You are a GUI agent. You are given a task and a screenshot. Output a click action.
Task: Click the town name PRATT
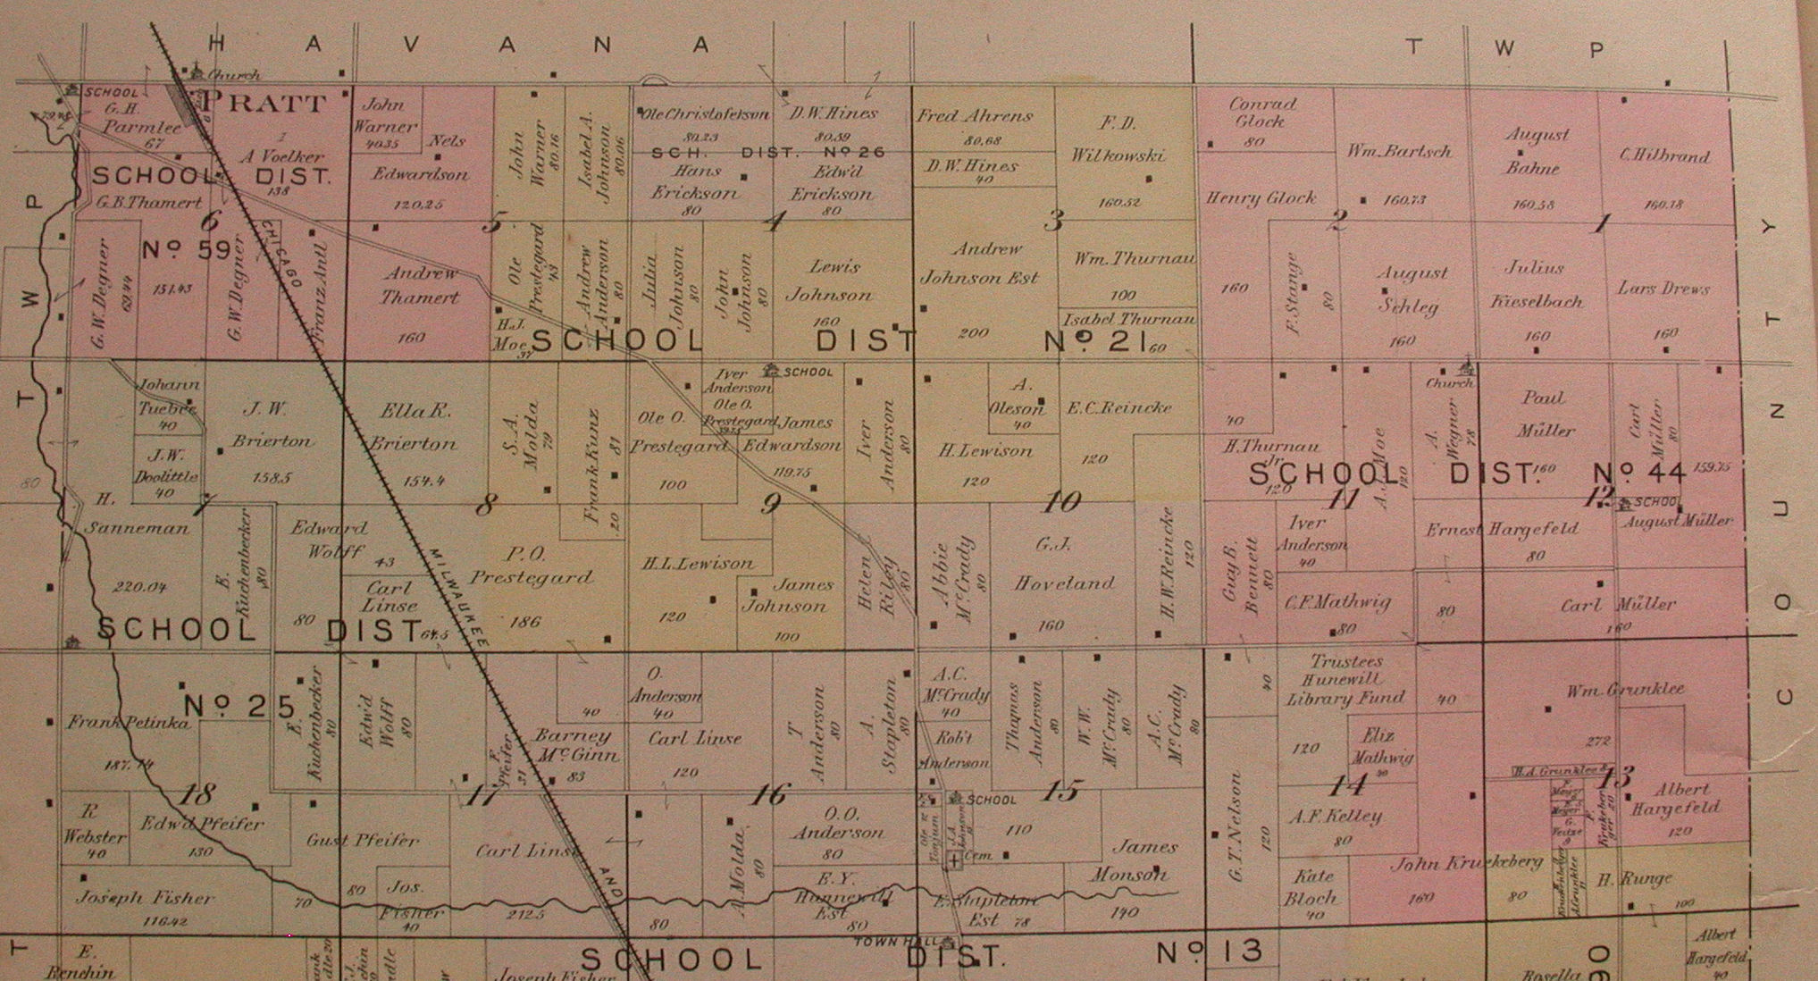263,102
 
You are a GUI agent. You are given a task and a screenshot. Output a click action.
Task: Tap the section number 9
770,504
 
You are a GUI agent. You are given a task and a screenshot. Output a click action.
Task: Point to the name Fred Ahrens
974,116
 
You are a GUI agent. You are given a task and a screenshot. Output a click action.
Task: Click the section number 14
1347,785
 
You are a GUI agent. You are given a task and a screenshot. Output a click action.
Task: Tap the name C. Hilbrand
1664,155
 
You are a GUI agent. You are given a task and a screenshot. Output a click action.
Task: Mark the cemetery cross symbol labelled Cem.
955,859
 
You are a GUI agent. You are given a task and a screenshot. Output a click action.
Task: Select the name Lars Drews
1663,289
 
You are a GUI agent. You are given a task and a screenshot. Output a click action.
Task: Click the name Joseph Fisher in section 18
145,898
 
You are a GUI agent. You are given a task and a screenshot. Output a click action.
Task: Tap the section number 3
1054,220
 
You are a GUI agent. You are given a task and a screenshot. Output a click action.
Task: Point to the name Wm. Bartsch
1399,152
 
